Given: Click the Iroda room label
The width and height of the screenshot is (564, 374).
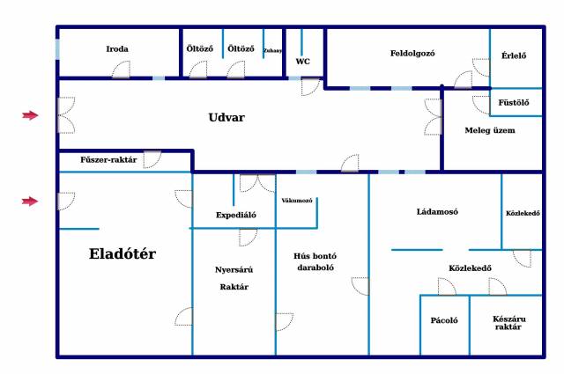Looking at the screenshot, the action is (117, 49).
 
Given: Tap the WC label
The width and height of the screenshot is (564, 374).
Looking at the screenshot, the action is (303, 62).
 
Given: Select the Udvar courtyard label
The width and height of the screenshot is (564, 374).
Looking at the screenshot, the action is (226, 117).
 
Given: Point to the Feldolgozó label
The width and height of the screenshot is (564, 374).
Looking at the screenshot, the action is (412, 54).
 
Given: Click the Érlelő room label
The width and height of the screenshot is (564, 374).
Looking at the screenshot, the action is (514, 55).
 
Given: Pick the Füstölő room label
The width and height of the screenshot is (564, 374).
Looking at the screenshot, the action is (514, 103).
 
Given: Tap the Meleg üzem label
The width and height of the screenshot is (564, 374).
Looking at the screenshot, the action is (490, 130).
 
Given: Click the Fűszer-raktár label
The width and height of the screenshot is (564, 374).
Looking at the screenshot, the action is (108, 160).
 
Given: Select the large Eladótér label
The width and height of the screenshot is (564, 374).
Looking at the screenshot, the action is (122, 253).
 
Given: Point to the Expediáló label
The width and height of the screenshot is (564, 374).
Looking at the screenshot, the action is (236, 216).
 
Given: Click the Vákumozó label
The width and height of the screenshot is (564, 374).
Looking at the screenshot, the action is (297, 201).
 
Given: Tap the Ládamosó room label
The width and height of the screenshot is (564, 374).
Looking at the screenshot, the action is (437, 211).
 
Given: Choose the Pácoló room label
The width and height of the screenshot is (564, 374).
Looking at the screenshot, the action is (444, 320).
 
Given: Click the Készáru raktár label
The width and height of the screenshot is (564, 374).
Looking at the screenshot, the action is (509, 323).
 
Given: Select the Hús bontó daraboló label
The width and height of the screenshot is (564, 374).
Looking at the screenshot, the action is (315, 261).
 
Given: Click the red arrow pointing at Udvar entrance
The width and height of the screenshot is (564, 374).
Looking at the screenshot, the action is (30, 115).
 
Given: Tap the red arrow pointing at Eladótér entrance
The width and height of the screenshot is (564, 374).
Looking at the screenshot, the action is (30, 202).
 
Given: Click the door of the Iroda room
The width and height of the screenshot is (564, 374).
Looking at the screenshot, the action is (122, 70).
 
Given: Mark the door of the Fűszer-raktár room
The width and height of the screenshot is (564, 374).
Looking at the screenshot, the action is (152, 159).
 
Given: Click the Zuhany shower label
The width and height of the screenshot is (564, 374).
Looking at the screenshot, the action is (272, 51).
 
